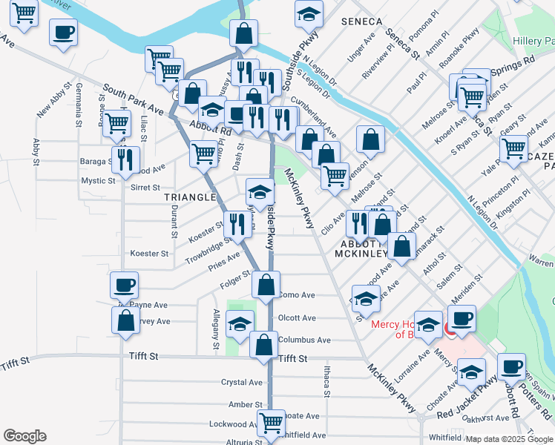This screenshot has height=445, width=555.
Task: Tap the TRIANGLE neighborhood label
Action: coord(191,198)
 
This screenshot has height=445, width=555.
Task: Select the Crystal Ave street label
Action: coord(242,383)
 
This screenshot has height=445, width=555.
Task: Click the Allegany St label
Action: coord(216,329)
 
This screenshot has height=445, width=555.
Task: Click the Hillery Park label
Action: coord(533,41)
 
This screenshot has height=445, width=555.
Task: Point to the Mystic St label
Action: coord(99,180)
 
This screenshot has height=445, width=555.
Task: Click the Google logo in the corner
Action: coord(24,436)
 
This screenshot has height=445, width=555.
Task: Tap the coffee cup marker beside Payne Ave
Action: coord(124,285)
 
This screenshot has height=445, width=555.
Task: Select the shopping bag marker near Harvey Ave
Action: coord(126,320)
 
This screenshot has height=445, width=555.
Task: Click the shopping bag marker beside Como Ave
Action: coord(266,284)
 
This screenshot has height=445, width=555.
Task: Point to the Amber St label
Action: coord(241,404)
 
